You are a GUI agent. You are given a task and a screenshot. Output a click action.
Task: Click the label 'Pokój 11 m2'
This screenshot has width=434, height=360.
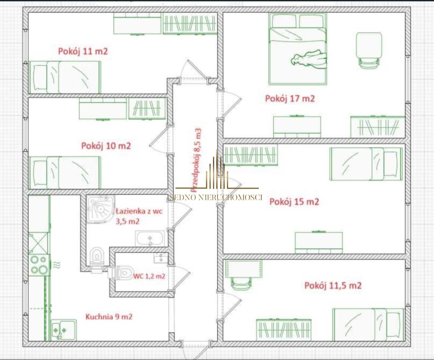[83, 51]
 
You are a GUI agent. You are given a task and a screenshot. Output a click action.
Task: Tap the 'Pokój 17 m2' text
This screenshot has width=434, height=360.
[290, 99]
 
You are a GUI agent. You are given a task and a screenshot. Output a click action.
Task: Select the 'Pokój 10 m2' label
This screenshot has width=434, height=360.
[106, 146]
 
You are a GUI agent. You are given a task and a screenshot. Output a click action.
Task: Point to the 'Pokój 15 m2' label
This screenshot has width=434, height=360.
[294, 202]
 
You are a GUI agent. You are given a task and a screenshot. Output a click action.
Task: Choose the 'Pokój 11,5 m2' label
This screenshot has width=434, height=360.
[333, 285]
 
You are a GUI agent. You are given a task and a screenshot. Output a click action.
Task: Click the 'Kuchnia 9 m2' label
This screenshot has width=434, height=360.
[109, 316]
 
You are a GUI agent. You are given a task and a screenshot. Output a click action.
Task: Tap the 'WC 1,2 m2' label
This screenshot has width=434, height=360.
[149, 276]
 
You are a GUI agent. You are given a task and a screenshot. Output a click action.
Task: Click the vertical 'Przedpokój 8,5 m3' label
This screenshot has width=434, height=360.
[196, 160]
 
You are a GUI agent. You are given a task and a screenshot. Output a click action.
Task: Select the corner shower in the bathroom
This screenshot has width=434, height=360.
[100, 209]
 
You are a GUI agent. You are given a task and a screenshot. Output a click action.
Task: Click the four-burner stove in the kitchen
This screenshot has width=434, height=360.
[39, 265]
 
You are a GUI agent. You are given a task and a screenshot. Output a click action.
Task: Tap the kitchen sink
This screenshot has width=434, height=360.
[64, 330]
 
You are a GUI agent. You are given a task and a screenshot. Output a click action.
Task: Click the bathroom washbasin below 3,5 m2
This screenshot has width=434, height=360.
[150, 238]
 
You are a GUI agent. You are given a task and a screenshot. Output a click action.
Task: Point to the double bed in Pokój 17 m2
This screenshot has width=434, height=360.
[297, 49]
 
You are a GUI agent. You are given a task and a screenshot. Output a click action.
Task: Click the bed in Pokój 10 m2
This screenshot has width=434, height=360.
[65, 173]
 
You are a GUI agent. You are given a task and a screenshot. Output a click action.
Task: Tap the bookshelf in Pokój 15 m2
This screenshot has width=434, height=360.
[251, 154]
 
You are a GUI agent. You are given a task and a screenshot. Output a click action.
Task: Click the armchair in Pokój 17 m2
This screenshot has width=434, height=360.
[369, 50]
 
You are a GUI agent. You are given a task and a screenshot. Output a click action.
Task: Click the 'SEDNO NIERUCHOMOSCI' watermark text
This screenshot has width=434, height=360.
[216, 197]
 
